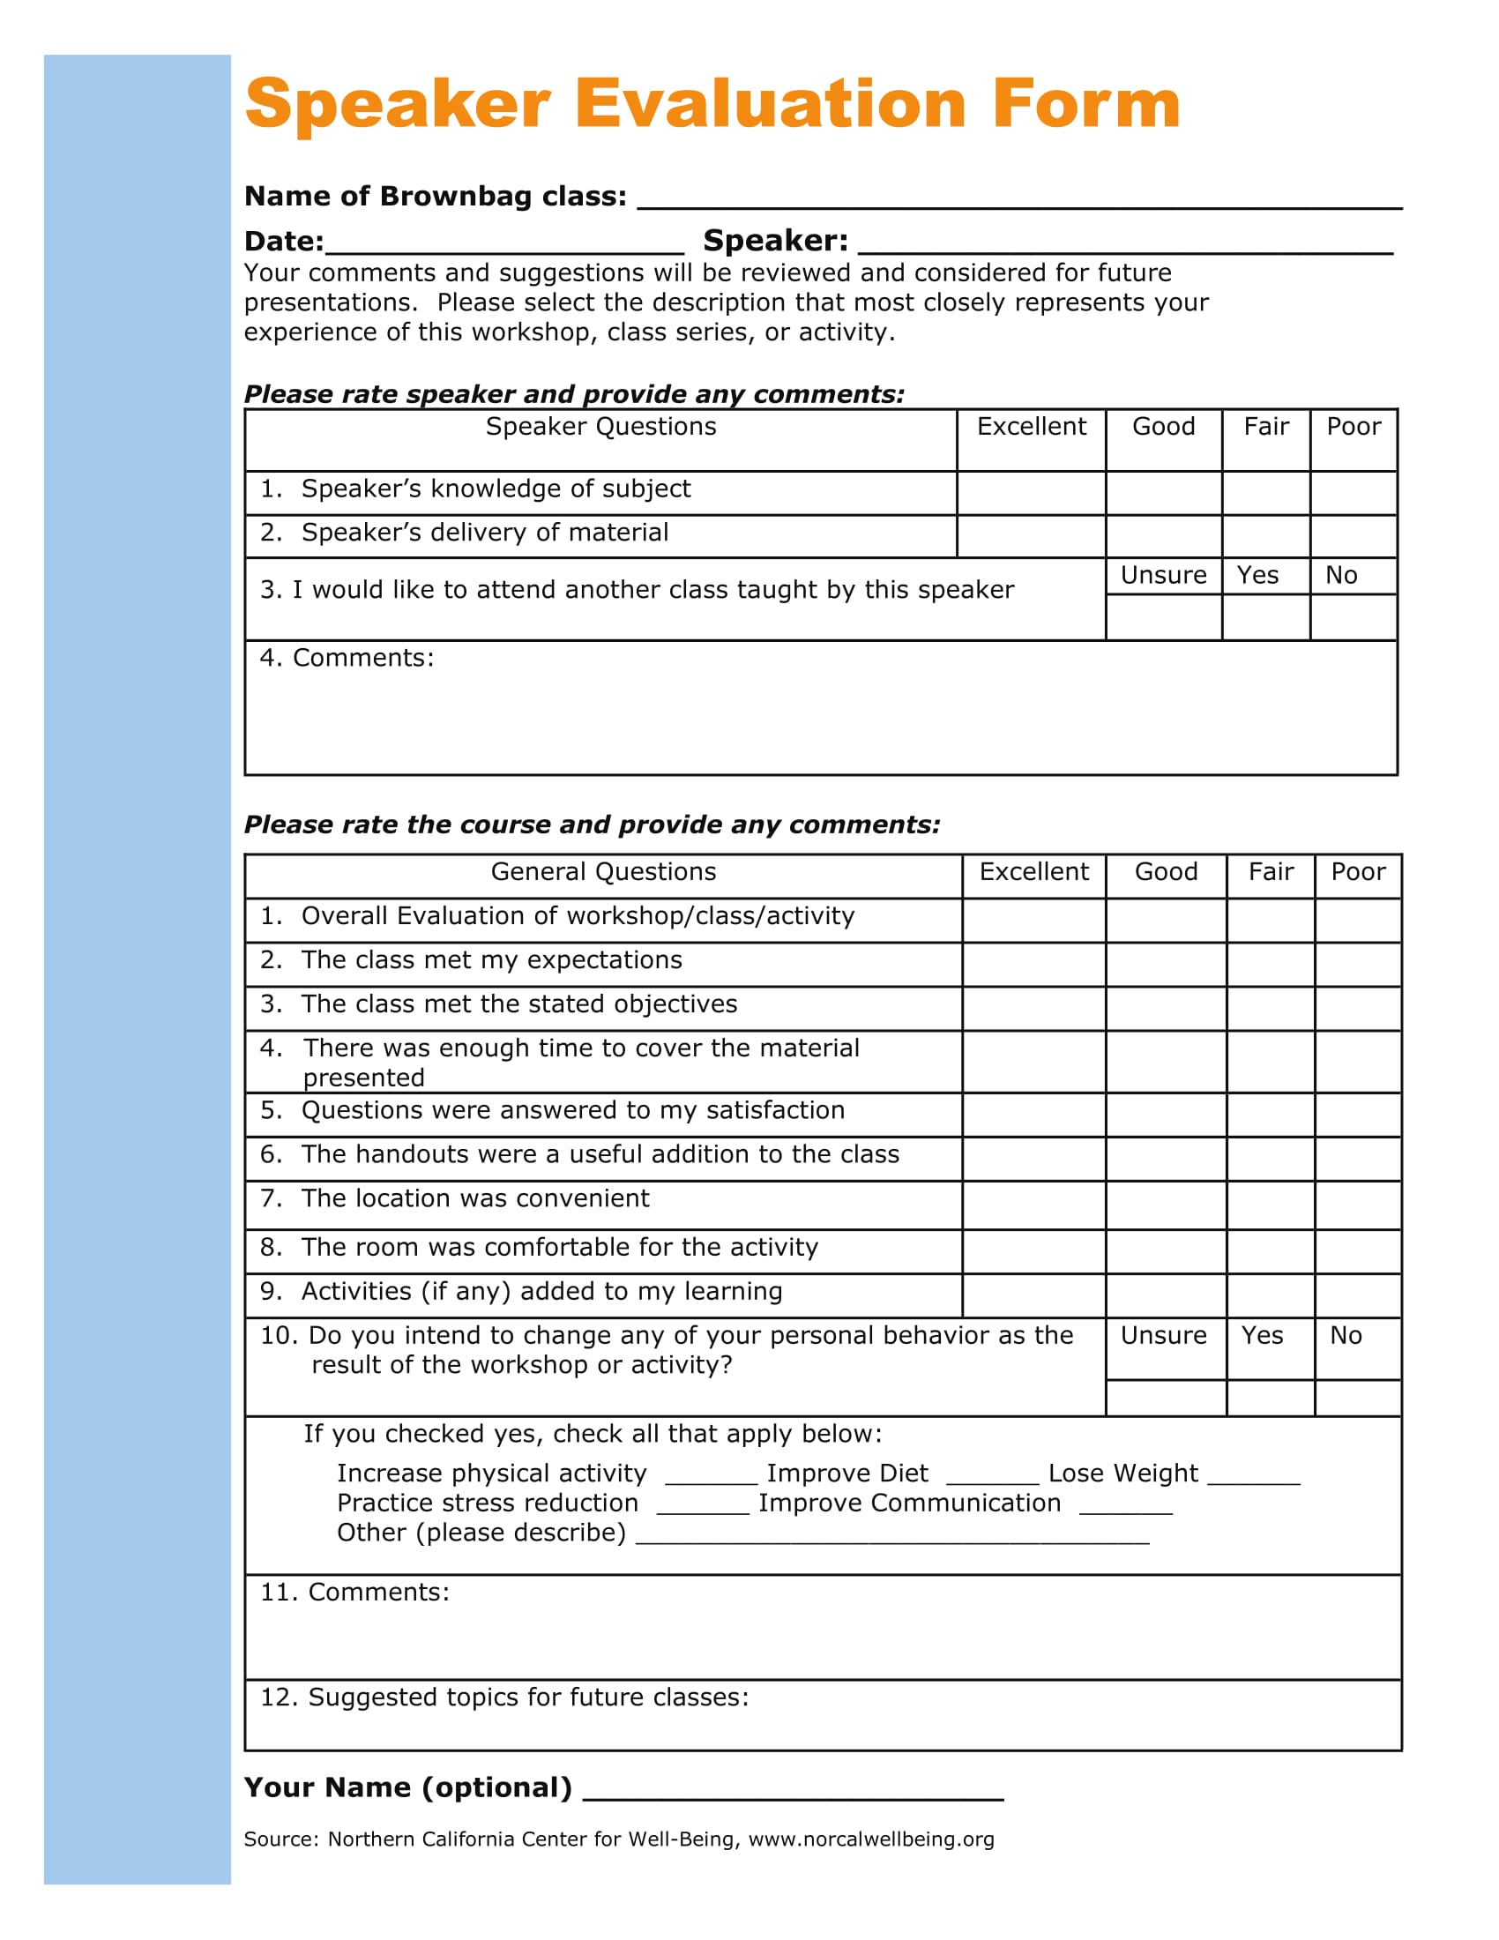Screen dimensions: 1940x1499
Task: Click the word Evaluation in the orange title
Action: tap(770, 104)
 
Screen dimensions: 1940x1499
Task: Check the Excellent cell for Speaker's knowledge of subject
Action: tap(1030, 493)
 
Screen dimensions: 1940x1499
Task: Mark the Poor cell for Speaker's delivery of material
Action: tap(1353, 536)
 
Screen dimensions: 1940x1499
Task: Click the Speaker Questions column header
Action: tap(600, 428)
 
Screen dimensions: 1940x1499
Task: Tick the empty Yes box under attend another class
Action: tap(1264, 617)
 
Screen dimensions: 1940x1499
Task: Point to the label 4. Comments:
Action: tap(347, 658)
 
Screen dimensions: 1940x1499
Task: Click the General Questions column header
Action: tap(603, 872)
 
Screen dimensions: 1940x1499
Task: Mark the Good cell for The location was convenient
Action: tap(1165, 1205)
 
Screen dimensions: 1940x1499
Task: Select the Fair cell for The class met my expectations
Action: tap(1270, 965)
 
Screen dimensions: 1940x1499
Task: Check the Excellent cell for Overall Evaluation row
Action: tap(1033, 921)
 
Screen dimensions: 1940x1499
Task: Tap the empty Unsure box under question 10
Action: tap(1165, 1399)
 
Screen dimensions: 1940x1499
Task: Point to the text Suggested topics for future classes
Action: tap(527, 1697)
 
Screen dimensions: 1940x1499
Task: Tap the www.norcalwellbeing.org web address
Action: tap(870, 1839)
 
